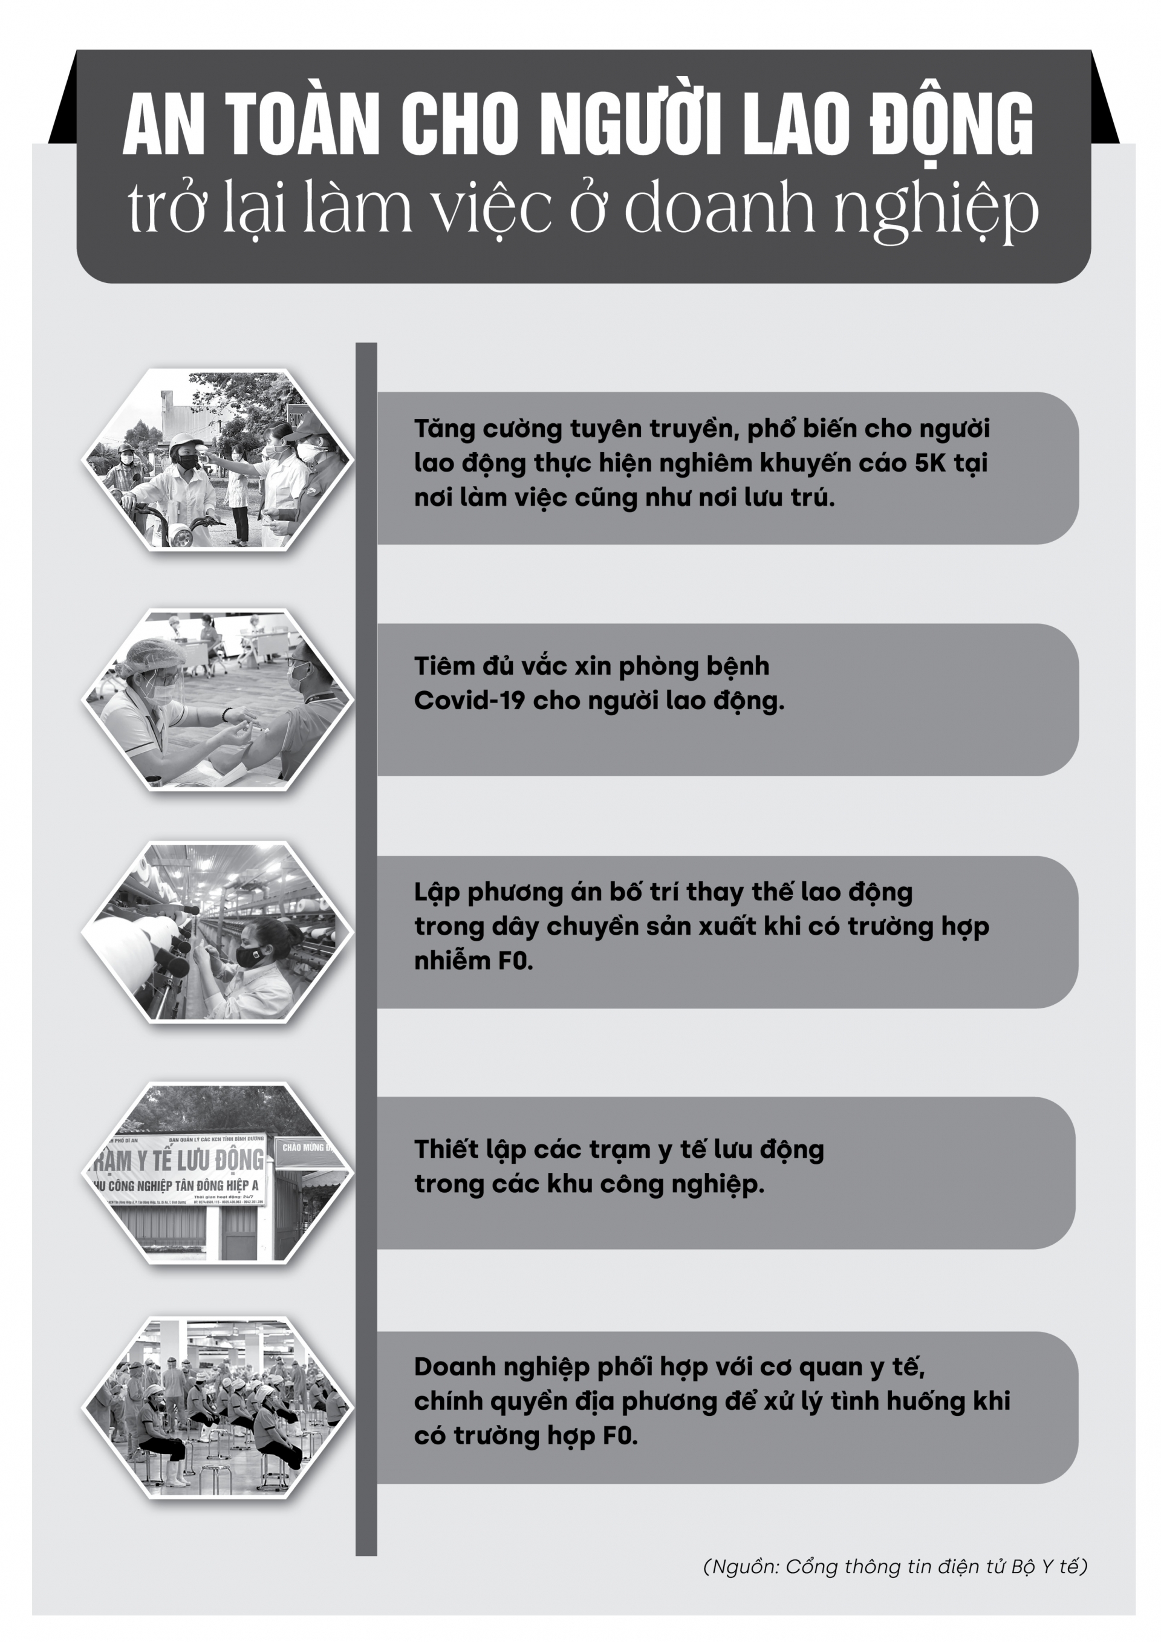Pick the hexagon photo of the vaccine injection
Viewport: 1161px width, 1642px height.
point(218,700)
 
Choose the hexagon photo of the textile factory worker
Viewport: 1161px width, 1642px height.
point(218,932)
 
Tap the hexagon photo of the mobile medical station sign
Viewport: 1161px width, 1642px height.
point(218,1173)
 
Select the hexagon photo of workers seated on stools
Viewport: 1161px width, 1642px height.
point(218,1407)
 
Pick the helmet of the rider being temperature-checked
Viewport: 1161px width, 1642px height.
point(184,442)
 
